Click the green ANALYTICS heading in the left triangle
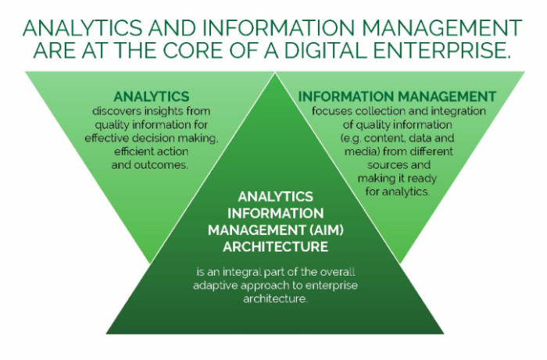click(152, 97)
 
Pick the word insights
click(163, 112)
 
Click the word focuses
click(332, 111)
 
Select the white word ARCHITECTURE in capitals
click(276, 247)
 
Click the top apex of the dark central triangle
click(275, 73)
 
